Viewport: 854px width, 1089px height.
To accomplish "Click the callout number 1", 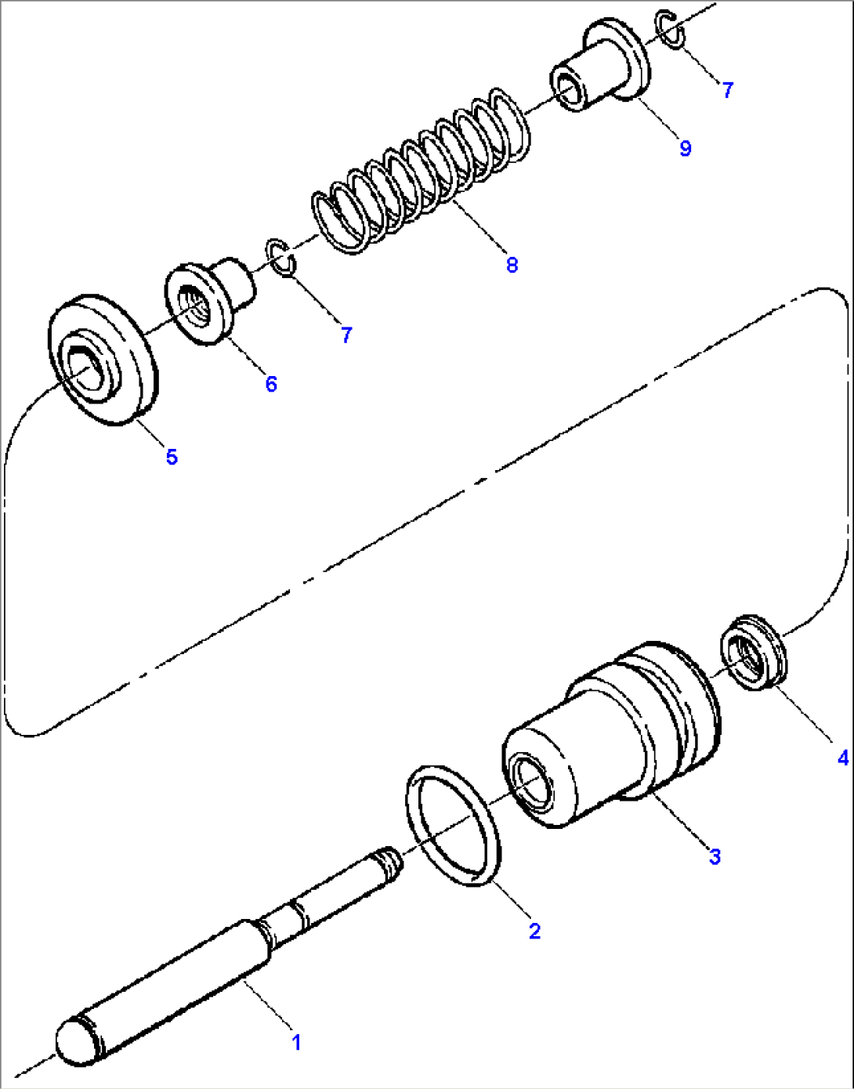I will coord(296,1043).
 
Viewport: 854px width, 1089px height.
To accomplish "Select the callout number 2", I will coord(534,932).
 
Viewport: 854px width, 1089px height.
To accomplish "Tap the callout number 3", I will coord(715,856).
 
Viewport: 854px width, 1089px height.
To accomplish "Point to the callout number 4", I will coord(842,758).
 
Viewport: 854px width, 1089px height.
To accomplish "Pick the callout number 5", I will coord(172,457).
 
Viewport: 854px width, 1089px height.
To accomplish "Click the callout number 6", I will coord(271,384).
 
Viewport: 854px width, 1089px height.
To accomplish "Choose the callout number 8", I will coord(512,265).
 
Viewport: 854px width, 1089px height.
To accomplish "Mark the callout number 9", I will coord(686,148).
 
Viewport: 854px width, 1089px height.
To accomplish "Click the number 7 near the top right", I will coord(728,90).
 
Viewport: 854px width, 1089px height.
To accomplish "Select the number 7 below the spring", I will coord(346,335).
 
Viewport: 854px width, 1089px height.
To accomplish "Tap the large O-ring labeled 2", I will coord(454,827).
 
